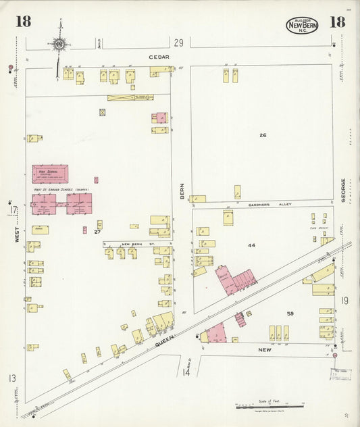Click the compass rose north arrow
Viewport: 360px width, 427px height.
tap(59, 44)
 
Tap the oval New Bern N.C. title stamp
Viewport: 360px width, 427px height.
tap(302, 26)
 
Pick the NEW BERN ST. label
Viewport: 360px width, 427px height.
tap(134, 244)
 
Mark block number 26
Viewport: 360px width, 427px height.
tap(263, 136)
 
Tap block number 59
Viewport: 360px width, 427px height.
tap(290, 313)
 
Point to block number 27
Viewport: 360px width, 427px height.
tap(97, 232)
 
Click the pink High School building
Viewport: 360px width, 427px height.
tap(50, 174)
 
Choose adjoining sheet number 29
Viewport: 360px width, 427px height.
tap(178, 43)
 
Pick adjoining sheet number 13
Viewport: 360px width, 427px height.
tap(12, 378)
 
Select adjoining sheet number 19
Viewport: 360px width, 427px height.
tap(344, 301)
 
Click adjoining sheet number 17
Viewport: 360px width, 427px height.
tap(13, 210)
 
